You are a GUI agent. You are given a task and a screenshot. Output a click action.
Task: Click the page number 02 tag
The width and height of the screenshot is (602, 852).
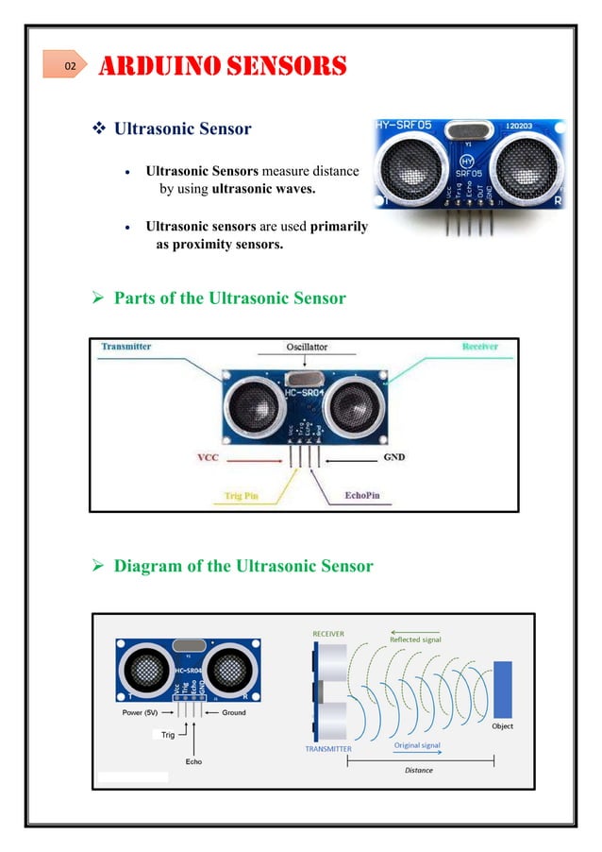tap(68, 67)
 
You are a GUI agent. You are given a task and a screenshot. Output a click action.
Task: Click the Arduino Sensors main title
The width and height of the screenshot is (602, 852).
tap(224, 67)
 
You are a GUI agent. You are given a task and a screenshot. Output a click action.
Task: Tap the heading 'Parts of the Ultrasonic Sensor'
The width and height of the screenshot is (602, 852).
tap(229, 298)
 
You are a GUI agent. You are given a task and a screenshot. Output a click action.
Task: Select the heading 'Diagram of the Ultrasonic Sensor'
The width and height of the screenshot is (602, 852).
tap(242, 566)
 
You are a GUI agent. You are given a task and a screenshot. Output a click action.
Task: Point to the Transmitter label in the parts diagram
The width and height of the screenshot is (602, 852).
tap(126, 347)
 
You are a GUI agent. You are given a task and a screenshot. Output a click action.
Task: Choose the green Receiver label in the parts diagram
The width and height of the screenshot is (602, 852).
tap(479, 348)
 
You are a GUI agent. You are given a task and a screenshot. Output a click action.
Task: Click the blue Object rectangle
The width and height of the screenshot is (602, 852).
tap(503, 689)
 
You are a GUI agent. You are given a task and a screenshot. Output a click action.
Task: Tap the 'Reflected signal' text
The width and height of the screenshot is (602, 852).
tap(416, 639)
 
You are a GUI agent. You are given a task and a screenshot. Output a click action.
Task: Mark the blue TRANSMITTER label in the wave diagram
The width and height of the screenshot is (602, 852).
tap(328, 748)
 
